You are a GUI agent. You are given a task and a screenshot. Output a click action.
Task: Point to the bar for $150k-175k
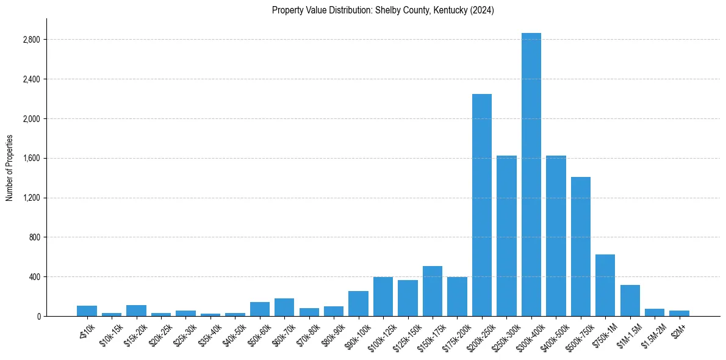(x=432, y=291)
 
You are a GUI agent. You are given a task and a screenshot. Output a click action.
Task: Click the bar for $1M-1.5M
(x=630, y=301)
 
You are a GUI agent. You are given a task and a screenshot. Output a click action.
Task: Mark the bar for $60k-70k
(x=284, y=308)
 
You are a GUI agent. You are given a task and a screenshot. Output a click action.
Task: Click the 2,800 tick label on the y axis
(x=31, y=40)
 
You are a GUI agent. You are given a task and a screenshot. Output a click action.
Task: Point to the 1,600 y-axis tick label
(x=31, y=159)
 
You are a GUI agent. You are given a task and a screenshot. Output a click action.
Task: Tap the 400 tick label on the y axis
(x=34, y=277)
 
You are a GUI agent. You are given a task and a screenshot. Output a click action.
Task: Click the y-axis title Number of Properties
(x=10, y=168)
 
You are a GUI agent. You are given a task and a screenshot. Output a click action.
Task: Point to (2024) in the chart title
(x=483, y=10)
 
